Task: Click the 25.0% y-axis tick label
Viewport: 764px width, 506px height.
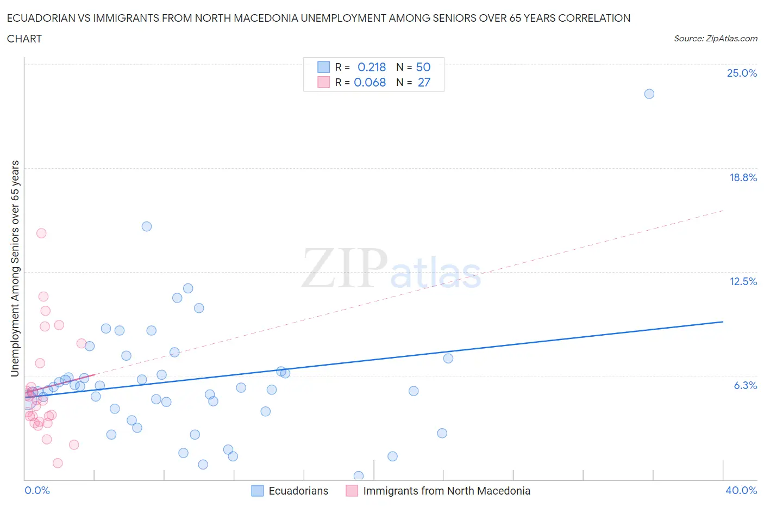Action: [x=742, y=73]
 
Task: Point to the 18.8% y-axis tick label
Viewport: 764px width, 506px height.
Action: [x=743, y=177]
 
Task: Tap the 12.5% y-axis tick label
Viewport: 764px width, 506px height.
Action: [x=743, y=281]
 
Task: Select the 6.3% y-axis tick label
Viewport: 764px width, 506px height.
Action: [x=745, y=385]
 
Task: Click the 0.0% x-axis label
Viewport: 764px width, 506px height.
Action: [x=37, y=490]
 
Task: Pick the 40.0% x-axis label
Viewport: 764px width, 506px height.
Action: [x=741, y=490]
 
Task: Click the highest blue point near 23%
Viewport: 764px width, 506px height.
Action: [x=649, y=94]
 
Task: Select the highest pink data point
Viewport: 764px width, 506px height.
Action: [x=41, y=233]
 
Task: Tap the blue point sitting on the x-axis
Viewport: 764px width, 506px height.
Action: [x=359, y=476]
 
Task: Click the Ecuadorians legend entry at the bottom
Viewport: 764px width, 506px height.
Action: [x=298, y=491]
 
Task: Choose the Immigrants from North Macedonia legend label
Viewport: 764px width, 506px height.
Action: [x=446, y=491]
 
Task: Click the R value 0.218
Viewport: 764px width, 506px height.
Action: [x=372, y=67]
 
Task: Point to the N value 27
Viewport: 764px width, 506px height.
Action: [x=424, y=82]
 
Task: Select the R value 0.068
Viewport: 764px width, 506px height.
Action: [x=370, y=82]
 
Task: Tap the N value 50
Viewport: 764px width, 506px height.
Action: [x=423, y=67]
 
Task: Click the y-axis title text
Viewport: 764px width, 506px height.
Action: [x=15, y=269]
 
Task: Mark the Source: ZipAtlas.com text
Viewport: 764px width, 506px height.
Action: [x=715, y=38]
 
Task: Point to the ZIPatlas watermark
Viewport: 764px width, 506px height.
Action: [x=391, y=269]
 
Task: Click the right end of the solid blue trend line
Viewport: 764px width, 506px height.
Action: [x=723, y=322]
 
